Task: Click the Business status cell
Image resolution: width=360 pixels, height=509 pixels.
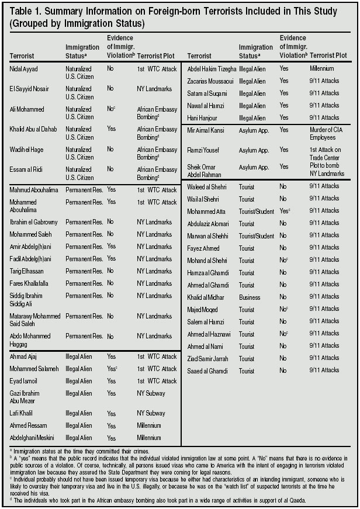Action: (250, 296)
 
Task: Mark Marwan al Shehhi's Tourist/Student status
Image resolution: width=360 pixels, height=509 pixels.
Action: (256, 236)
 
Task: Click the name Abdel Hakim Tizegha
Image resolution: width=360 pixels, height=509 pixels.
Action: (212, 69)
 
